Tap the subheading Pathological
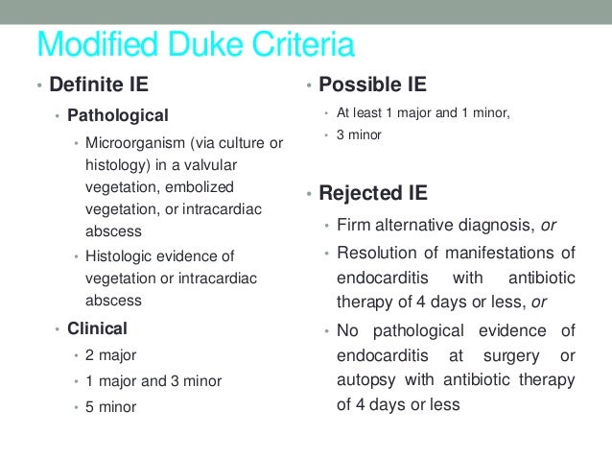117,114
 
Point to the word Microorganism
132,143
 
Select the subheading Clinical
97,329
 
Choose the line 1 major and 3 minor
153,381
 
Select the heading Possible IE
372,85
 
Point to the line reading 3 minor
359,135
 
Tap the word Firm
354,226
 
